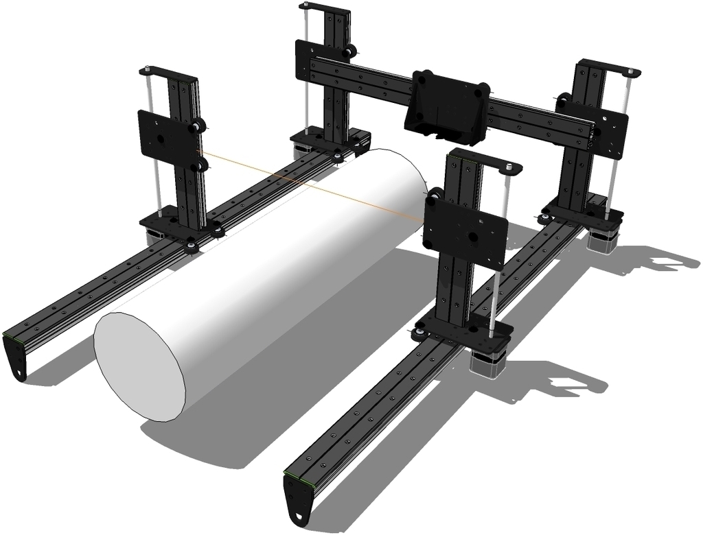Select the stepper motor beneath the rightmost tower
(603, 240)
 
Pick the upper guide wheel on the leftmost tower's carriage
(198, 126)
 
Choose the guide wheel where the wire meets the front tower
(433, 200)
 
